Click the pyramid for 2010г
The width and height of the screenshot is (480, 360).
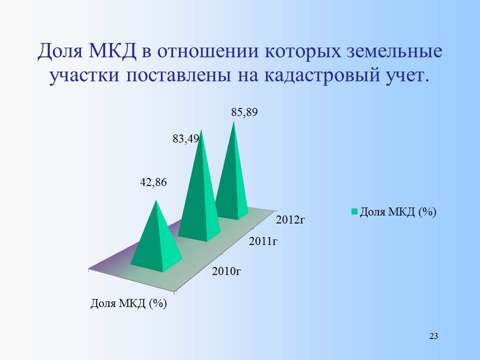coord(156,242)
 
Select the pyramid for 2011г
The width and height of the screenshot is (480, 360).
coord(199,196)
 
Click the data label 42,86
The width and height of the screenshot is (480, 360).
coord(153,182)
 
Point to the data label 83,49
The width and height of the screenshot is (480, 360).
coord(186,139)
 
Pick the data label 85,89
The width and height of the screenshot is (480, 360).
coord(244,112)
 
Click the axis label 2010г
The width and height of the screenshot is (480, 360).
coord(226,271)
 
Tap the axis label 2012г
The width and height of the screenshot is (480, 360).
coord(290,219)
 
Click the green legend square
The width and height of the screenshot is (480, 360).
coord(354,211)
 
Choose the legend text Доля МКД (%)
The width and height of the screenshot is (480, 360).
coord(398,211)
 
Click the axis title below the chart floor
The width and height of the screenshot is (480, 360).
coord(128,303)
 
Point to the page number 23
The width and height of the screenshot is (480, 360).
coord(434,336)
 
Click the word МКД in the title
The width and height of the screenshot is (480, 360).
coord(112,51)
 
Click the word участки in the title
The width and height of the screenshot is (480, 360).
coord(84,75)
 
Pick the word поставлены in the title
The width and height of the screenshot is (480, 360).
coord(178,75)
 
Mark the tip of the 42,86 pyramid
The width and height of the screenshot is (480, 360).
coord(156,200)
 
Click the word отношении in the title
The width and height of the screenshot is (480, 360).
coord(207,51)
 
